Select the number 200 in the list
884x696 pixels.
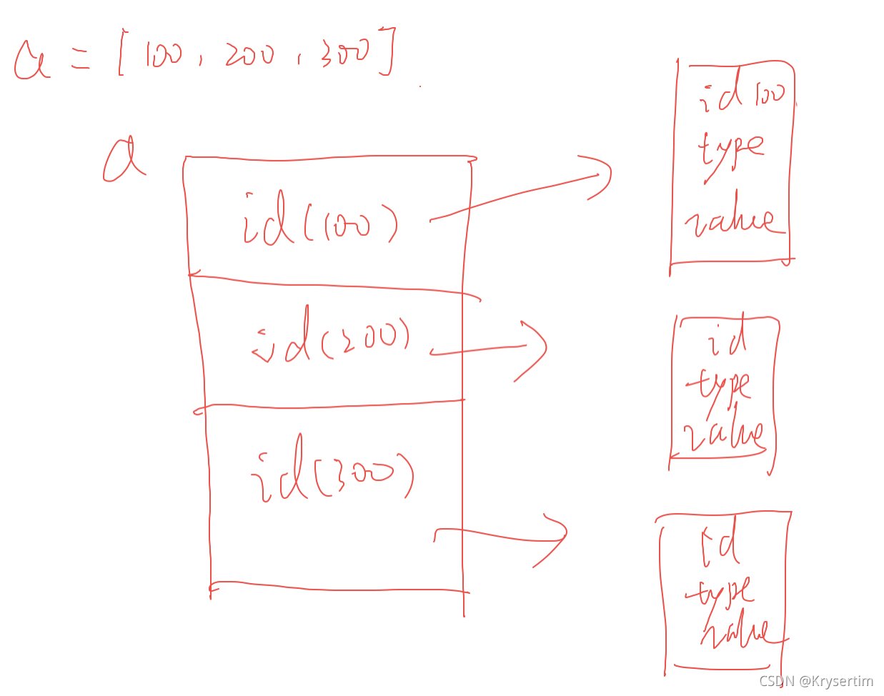point(249,55)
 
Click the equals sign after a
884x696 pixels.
point(81,61)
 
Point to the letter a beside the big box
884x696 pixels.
point(122,160)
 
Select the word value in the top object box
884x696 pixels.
point(729,222)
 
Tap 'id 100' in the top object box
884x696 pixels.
point(742,94)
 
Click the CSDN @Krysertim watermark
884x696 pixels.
point(815,681)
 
